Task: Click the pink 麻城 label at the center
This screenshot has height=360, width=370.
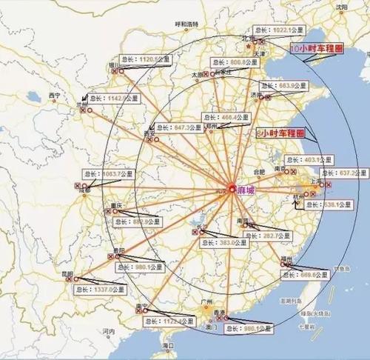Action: coord(247,190)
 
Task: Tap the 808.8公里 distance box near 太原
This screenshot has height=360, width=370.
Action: coord(233,62)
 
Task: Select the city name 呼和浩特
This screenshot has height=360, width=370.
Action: coord(186,24)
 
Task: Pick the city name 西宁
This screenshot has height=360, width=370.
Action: coord(53,96)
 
